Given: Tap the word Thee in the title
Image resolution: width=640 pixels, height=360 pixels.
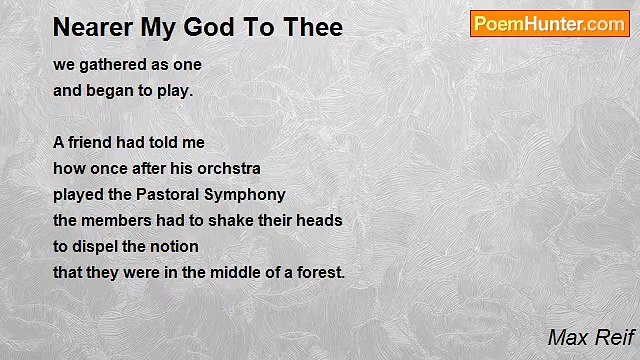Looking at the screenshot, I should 311,27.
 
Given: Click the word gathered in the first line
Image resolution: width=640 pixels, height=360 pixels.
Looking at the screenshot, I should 112,65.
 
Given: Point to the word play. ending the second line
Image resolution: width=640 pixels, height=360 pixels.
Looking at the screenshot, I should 170,91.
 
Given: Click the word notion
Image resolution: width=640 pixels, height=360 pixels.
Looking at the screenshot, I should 174,247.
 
